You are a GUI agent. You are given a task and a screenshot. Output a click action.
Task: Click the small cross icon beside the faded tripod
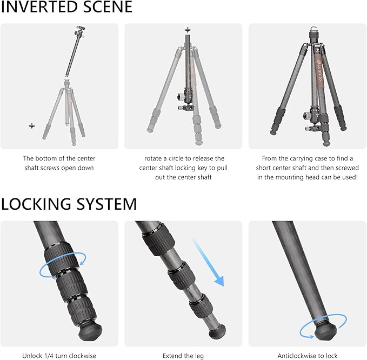pyautogui.click(x=31, y=125)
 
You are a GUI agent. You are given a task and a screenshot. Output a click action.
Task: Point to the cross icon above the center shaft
pyautogui.click(x=188, y=30)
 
